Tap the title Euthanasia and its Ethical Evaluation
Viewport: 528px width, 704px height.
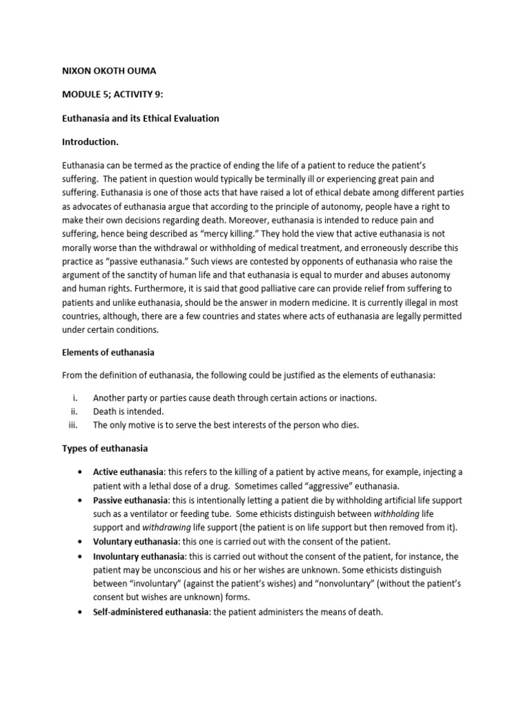141,118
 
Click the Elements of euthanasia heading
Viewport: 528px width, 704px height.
109,353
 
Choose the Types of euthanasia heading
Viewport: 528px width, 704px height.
105,448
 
